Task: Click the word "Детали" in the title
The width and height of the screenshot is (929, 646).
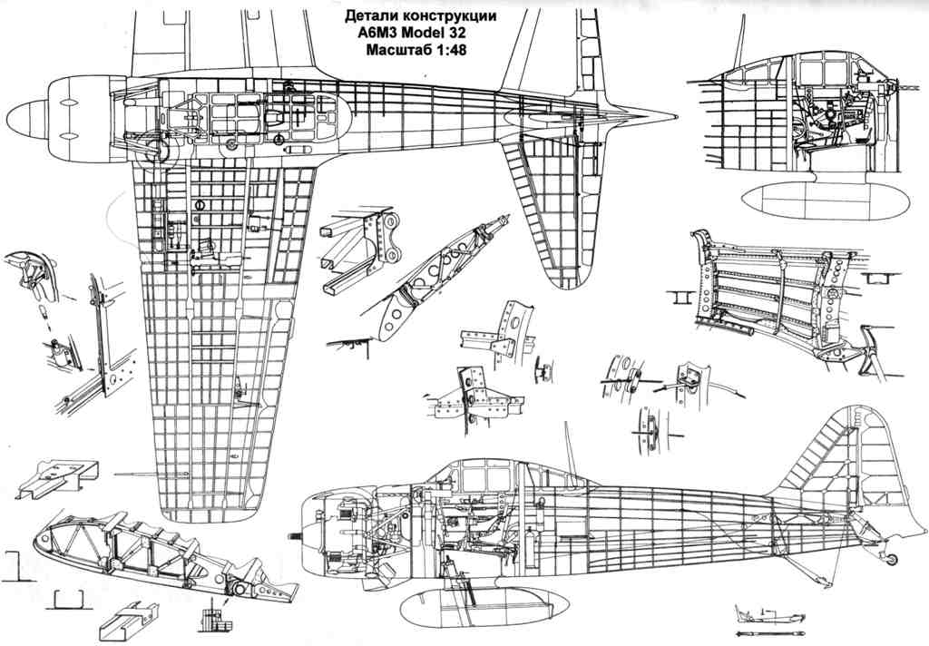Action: point(370,16)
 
